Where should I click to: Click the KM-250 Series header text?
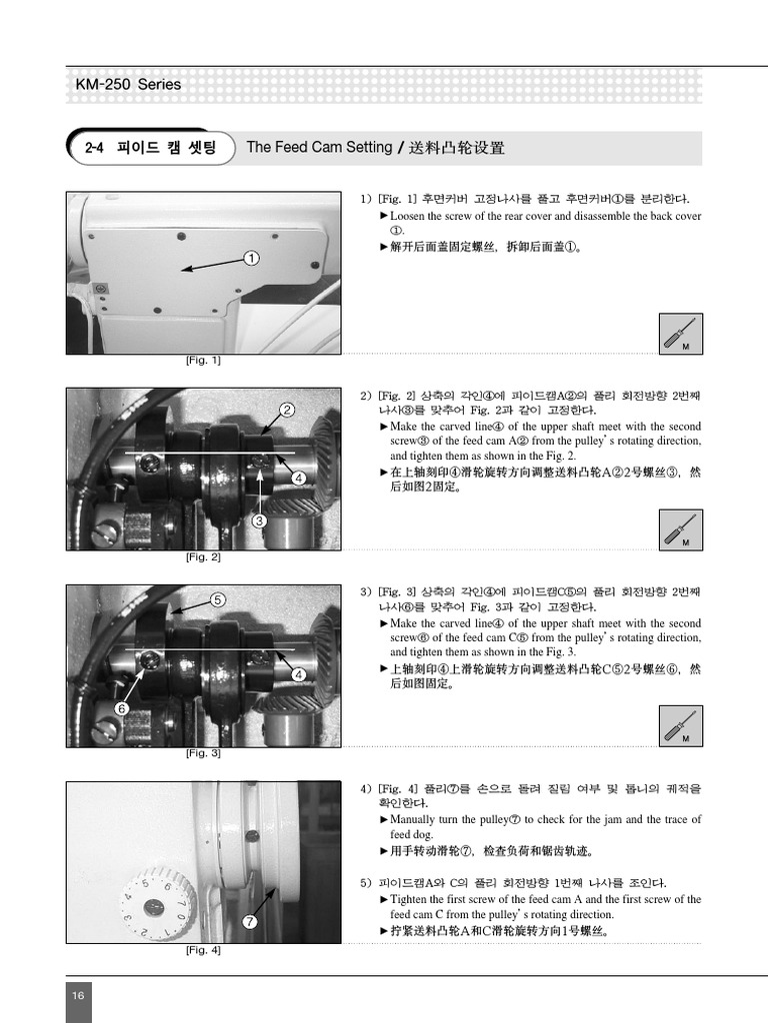129,85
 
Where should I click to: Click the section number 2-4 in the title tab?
95,148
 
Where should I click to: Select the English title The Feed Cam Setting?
319,148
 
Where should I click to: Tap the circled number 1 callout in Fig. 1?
251,258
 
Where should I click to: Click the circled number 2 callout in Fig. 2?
287,410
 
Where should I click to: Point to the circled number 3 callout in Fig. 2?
259,519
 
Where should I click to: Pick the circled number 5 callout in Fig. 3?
218,599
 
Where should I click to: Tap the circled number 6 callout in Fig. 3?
121,708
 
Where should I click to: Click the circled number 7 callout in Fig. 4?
250,921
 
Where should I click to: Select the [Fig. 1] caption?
203,361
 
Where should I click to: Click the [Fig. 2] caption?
203,557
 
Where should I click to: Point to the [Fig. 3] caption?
203,753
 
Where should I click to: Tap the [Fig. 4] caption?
203,950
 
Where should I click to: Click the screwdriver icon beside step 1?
682,333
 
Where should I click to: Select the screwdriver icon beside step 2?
682,529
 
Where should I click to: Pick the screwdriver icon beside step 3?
682,725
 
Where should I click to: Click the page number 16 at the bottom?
78,995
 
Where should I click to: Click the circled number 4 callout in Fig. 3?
298,674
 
